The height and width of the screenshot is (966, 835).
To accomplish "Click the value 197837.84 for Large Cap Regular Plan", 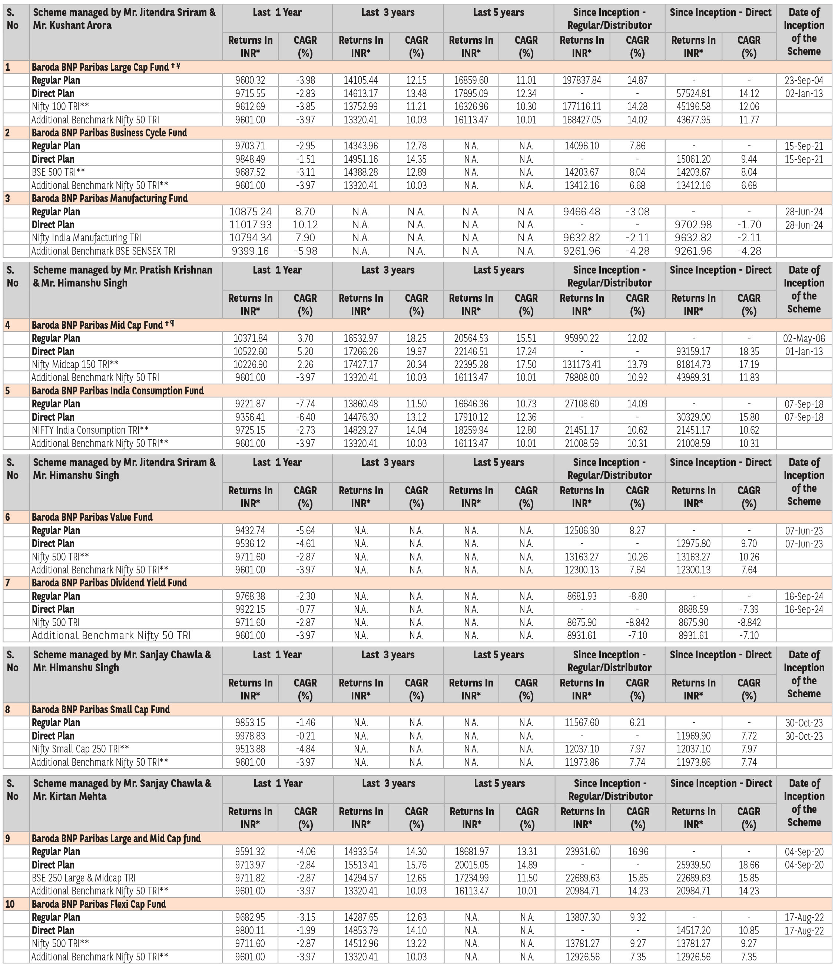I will pyautogui.click(x=581, y=80).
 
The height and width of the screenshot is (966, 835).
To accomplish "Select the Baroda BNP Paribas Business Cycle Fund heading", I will pyautogui.click(x=109, y=133).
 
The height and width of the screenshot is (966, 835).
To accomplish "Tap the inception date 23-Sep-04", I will pyautogui.click(x=804, y=80).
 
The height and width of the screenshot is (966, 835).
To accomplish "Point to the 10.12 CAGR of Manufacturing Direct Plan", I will pyautogui.click(x=305, y=225).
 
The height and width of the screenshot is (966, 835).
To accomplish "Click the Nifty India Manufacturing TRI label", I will pyautogui.click(x=86, y=238).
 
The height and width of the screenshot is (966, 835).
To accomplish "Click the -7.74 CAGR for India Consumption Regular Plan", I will pyautogui.click(x=305, y=404).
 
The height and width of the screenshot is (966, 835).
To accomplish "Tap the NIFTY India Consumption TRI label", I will pyautogui.click(x=90, y=430).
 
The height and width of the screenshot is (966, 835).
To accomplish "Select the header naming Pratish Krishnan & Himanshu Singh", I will pyautogui.click(x=122, y=277).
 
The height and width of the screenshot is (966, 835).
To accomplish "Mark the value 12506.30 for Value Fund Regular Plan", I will pyautogui.click(x=581, y=530).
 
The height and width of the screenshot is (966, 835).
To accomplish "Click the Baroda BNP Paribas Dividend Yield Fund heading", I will pyautogui.click(x=109, y=583).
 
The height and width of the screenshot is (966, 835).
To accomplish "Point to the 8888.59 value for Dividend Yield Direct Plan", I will pyautogui.click(x=693, y=609).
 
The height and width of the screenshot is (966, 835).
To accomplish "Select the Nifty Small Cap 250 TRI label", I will pyautogui.click(x=80, y=749).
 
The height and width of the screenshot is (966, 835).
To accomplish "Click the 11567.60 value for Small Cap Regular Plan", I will pyautogui.click(x=581, y=722).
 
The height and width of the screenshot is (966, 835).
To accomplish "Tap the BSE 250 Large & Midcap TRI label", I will pyautogui.click(x=83, y=878).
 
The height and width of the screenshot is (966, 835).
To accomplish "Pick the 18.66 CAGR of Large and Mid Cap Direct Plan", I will pyautogui.click(x=749, y=865).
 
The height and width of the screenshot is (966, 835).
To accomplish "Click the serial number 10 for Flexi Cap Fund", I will pyautogui.click(x=10, y=904).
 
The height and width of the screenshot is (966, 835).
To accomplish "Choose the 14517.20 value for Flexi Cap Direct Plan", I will pyautogui.click(x=693, y=930).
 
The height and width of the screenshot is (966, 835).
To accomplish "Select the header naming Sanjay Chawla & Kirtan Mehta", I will pyautogui.click(x=122, y=790).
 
